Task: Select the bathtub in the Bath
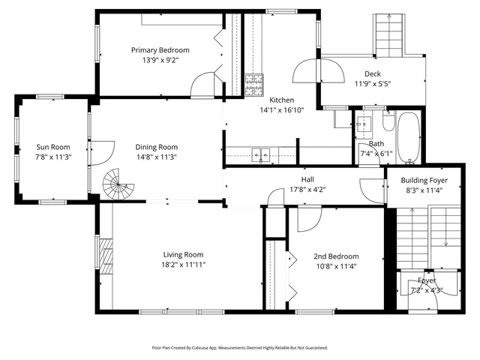click(409, 138)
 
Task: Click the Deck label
click(373, 73)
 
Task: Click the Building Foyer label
click(424, 180)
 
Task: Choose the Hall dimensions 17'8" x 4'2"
click(308, 189)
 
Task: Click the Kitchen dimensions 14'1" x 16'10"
click(281, 109)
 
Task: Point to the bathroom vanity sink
click(366, 124)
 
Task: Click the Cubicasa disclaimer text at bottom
click(240, 348)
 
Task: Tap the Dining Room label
click(156, 147)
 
